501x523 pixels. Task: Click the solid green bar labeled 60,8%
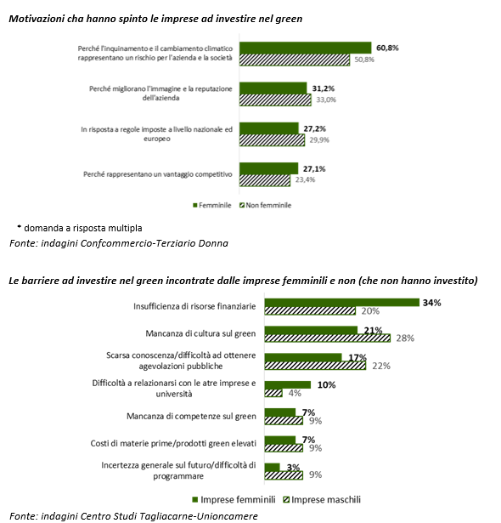coord(306,48)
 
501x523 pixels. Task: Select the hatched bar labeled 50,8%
coord(295,60)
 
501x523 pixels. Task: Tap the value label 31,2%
coord(324,88)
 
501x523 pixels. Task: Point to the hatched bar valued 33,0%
coord(275,100)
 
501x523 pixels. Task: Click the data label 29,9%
coord(319,139)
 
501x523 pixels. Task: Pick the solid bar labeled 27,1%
coord(269,168)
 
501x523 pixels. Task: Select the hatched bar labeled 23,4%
coord(265,180)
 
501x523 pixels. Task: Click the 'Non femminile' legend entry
coord(266,205)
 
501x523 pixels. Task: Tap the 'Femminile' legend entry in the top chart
coord(211,205)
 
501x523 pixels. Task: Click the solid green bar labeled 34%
coord(342,303)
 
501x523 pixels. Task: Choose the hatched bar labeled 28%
coord(328,338)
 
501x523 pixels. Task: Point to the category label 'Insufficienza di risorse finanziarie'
coord(194,306)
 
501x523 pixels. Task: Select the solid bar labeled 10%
coord(288,385)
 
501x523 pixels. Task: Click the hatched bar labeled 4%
coord(273,393)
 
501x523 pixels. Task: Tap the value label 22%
coord(381,366)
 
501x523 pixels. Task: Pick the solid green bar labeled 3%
coord(272,467)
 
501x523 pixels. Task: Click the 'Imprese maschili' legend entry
coord(322,500)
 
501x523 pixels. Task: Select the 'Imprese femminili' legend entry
coord(234,500)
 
